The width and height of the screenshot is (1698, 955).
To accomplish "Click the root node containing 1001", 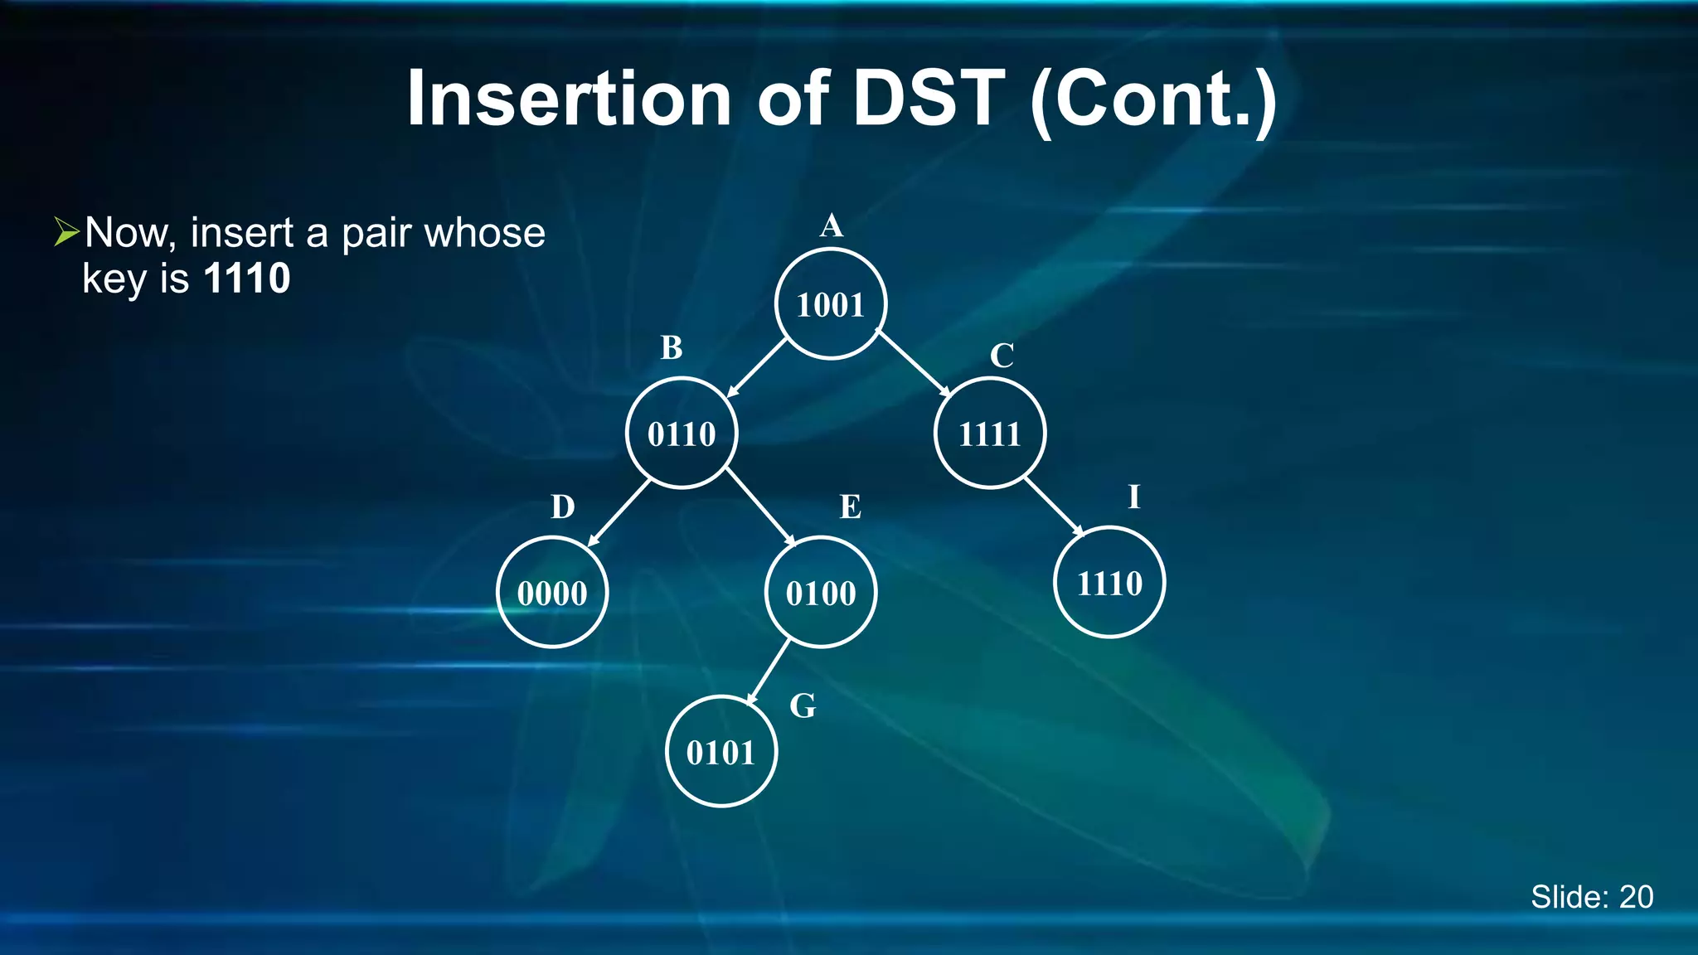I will point(831,304).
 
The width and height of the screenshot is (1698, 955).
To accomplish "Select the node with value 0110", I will point(682,434).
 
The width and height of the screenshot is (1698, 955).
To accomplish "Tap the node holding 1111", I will point(989,434).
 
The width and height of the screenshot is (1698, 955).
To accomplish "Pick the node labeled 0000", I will point(552,593).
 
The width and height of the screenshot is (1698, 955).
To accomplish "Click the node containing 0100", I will point(820,593).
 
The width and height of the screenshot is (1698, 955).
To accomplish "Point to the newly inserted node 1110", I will point(1109,583).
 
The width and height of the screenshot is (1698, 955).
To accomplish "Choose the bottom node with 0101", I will point(720,752).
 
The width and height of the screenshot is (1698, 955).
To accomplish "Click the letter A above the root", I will point(831,225).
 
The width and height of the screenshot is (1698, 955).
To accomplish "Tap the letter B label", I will point(671,348).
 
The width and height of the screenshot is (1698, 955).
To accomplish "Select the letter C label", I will point(1002,356).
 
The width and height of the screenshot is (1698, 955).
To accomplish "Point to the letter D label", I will point(562,507).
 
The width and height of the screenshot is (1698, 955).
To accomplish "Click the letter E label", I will point(850,507).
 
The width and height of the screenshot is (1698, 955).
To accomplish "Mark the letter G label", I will point(802,706).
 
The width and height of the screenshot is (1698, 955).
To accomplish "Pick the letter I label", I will point(1133,497).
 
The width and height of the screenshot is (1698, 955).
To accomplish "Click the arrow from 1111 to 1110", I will point(1053,507).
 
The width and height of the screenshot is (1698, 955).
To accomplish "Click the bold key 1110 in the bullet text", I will point(246,279).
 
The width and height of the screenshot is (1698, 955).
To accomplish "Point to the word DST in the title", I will point(929,99).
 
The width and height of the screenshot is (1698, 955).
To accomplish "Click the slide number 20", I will point(1635,897).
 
